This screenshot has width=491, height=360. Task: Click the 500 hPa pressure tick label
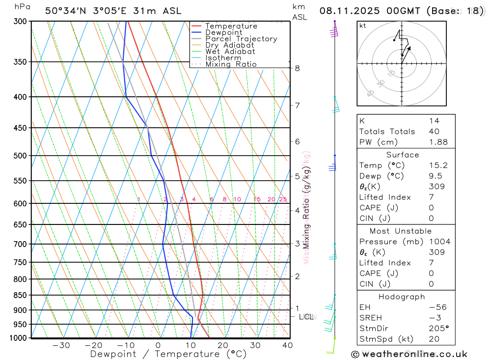pyautogui.click(x=20, y=156)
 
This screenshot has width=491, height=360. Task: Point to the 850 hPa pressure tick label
pyautogui.click(x=20, y=295)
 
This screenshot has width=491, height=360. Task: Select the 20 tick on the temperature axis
pyautogui.click(x=222, y=345)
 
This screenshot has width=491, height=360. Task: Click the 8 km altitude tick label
pyautogui.click(x=297, y=68)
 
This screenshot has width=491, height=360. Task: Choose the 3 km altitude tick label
pyautogui.click(x=297, y=244)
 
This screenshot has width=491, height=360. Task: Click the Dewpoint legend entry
pyautogui.click(x=223, y=32)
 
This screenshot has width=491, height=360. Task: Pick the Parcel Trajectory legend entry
pyautogui.click(x=241, y=39)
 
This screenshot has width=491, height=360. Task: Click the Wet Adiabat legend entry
pyautogui.click(x=230, y=52)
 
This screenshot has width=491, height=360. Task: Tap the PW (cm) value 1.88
pyautogui.click(x=438, y=142)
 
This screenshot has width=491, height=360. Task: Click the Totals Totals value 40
pyautogui.click(x=434, y=132)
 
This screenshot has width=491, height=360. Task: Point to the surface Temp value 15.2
pyautogui.click(x=438, y=166)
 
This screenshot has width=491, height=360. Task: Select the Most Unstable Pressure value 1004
pyautogui.click(x=439, y=242)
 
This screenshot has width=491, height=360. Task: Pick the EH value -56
pyautogui.click(x=437, y=307)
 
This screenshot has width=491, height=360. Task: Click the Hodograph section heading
pyautogui.click(x=402, y=297)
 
